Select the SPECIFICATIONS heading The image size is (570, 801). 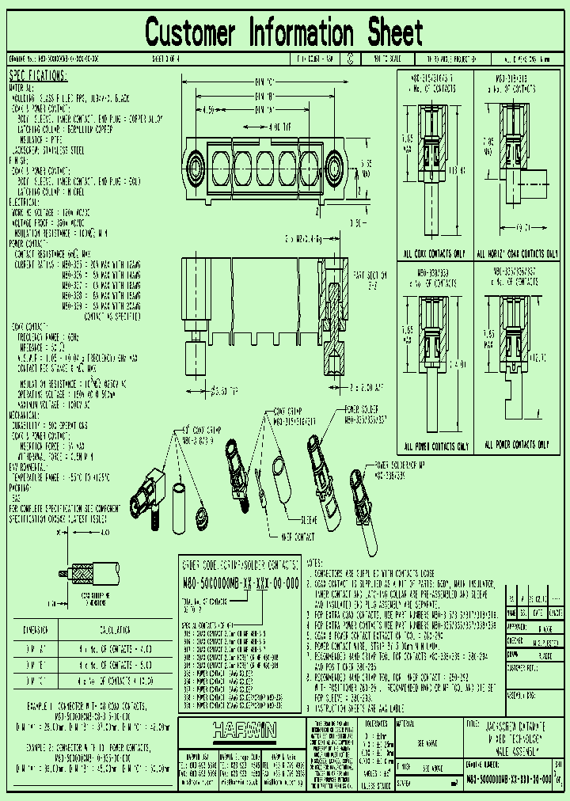(38, 76)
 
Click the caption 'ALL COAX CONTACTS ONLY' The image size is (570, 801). (435, 254)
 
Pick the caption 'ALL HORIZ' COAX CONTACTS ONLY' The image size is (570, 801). (515, 254)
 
